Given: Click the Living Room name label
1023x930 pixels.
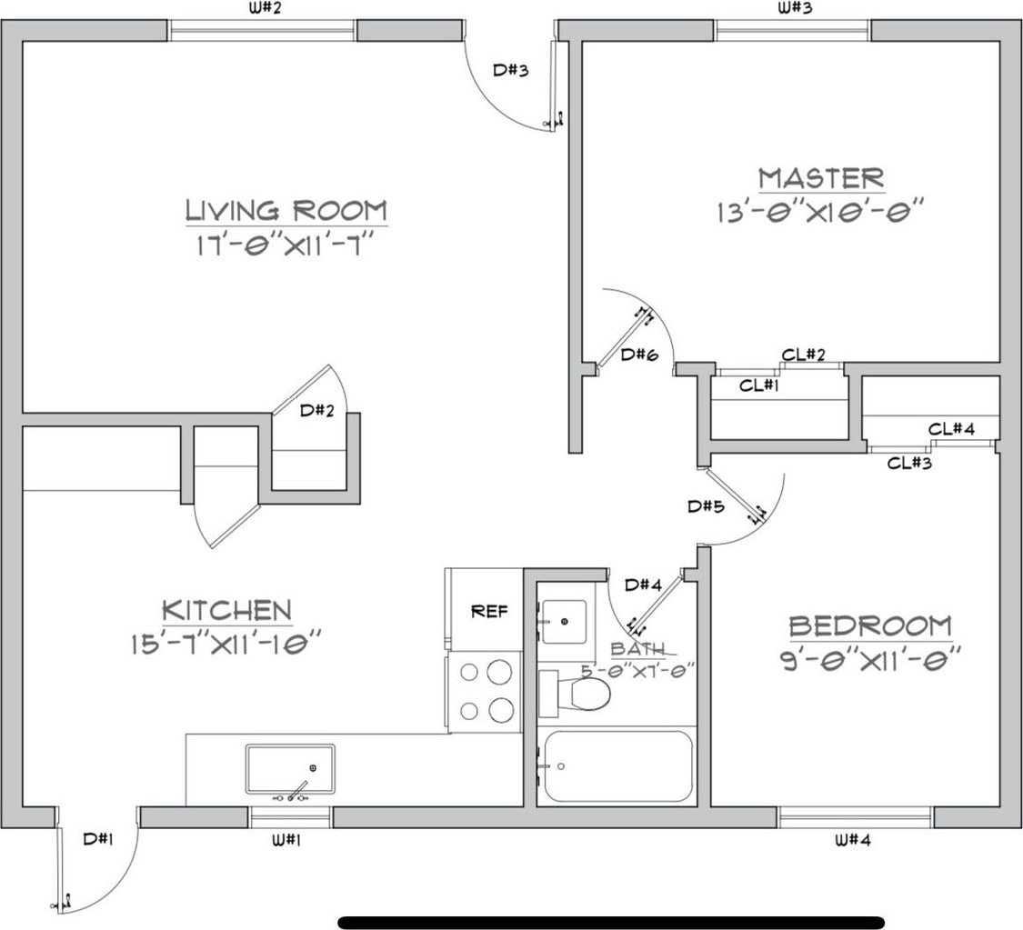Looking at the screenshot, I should pyautogui.click(x=286, y=210).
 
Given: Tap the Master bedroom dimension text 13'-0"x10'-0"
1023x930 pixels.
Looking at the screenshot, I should pyautogui.click(x=820, y=212).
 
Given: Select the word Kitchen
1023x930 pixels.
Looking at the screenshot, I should pyautogui.click(x=226, y=610).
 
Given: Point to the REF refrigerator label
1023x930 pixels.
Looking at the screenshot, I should pyautogui.click(x=489, y=611).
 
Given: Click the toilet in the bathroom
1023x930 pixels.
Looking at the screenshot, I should pyautogui.click(x=582, y=695).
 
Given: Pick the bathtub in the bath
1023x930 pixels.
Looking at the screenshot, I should pyautogui.click(x=617, y=765).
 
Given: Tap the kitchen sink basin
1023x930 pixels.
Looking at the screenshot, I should pyautogui.click(x=289, y=768).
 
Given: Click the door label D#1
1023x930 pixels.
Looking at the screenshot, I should pyautogui.click(x=97, y=839).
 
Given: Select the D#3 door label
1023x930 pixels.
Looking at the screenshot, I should pyautogui.click(x=510, y=69).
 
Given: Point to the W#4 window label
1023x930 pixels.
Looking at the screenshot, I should pyautogui.click(x=852, y=840).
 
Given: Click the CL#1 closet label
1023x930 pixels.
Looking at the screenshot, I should pyautogui.click(x=759, y=385).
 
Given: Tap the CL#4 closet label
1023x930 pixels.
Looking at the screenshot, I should pyautogui.click(x=952, y=428).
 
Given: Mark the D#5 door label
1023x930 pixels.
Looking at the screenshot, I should pyautogui.click(x=706, y=506).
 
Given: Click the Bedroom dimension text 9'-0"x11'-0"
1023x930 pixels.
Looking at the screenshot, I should pyautogui.click(x=871, y=656).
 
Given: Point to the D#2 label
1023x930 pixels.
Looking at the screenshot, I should pyautogui.click(x=316, y=410).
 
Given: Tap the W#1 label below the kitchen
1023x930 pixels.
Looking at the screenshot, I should pyautogui.click(x=286, y=839).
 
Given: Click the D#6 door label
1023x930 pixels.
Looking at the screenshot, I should pyautogui.click(x=638, y=355).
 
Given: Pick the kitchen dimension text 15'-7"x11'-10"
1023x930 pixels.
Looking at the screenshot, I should pyautogui.click(x=226, y=644).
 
